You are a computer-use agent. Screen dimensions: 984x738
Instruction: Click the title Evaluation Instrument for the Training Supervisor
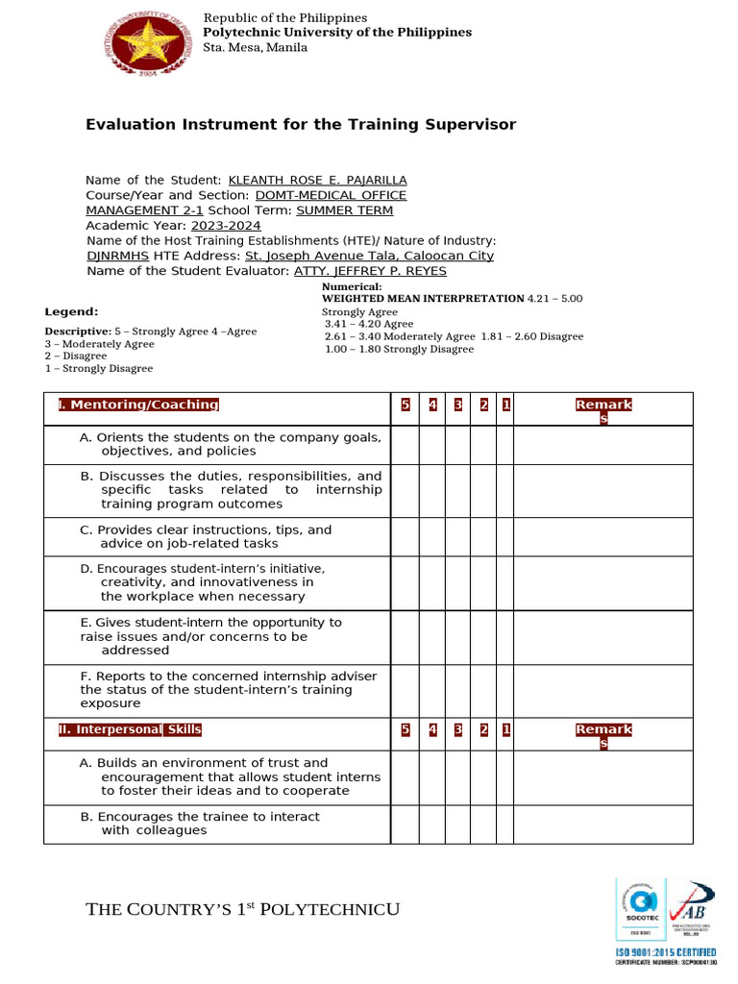point(301,125)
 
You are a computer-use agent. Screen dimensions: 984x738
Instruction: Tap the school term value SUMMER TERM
point(344,210)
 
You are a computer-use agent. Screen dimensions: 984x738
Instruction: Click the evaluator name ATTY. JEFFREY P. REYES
point(370,271)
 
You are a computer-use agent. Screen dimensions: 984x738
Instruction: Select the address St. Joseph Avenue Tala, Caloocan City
point(369,256)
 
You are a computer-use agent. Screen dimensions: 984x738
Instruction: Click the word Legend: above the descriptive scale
point(71,311)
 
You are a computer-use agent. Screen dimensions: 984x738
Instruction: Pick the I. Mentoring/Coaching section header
point(138,405)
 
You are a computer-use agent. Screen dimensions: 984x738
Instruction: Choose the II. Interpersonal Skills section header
point(130,729)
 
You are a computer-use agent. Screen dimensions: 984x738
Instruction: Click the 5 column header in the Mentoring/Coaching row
point(406,405)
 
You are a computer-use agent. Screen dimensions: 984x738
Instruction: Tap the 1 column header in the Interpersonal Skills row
point(505,729)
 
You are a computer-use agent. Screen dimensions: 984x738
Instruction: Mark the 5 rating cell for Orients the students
point(406,445)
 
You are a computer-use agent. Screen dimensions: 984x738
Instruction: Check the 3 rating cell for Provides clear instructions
point(458,537)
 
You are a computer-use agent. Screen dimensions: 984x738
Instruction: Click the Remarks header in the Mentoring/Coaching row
point(603,410)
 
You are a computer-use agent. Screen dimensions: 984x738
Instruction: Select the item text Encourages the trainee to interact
point(200,824)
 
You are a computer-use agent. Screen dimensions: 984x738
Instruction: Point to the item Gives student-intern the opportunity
point(210,636)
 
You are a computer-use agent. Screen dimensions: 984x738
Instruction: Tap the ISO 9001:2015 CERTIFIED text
point(665,951)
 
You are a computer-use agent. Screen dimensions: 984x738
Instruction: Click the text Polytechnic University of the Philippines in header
point(337,33)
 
